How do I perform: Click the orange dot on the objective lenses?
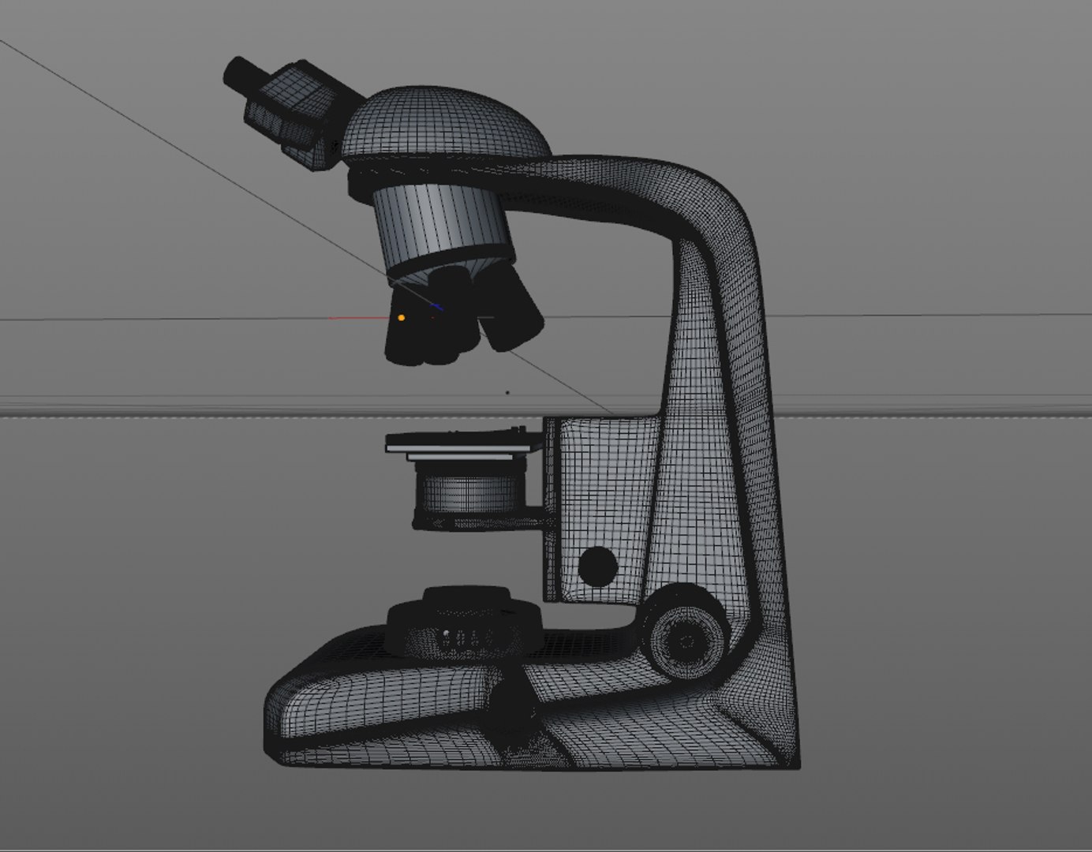(402, 318)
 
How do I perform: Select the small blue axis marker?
(437, 307)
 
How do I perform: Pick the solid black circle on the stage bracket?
(597, 565)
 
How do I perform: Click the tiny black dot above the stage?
(507, 391)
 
